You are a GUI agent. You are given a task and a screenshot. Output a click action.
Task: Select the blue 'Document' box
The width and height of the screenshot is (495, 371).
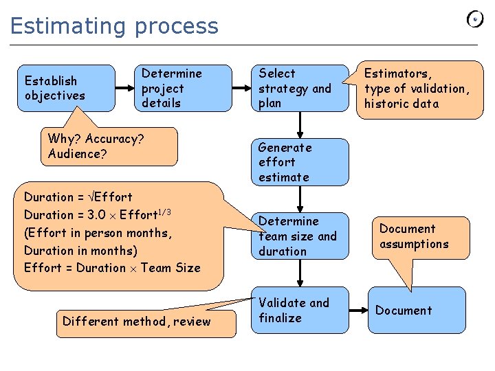[417, 311]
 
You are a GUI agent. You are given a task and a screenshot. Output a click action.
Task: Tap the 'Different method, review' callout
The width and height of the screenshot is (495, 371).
[136, 321]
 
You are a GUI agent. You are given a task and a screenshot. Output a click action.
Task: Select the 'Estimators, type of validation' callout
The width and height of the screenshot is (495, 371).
[418, 89]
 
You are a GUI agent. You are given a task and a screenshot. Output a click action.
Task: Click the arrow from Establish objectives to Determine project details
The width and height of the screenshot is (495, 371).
[124, 88]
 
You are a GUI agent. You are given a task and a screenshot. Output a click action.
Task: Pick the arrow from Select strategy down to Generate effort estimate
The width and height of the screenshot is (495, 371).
[300, 125]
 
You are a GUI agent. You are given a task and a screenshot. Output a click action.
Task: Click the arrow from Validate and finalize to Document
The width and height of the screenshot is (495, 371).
[358, 311]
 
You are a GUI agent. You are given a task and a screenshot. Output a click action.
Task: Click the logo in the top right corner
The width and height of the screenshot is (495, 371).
[475, 19]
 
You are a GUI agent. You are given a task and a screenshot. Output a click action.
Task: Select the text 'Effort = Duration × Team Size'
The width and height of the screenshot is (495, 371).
[112, 268]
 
